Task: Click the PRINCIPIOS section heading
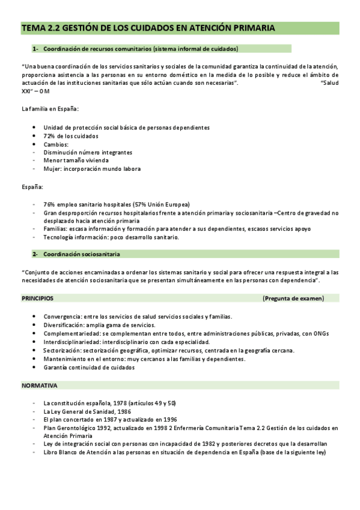point(37,298)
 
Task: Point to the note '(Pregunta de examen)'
point(293,298)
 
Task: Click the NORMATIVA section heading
point(40,386)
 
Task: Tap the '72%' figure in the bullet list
point(50,136)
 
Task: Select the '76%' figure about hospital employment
point(50,204)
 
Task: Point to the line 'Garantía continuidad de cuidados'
point(89,367)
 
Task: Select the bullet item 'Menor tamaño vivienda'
point(76,161)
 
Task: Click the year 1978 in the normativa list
point(129,402)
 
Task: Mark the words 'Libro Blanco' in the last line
point(61,452)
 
